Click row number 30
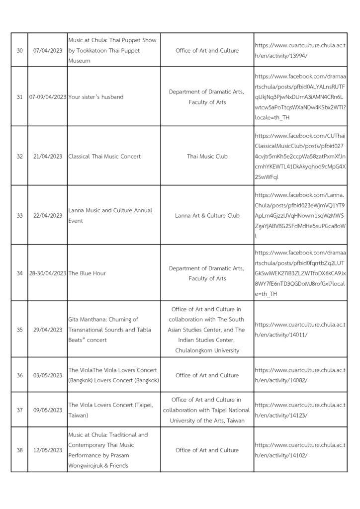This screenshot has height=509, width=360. pos(19,51)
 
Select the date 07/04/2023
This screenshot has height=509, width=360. pos(47,51)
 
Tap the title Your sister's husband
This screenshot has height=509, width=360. pos(96,97)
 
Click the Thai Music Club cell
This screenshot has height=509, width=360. pos(207,157)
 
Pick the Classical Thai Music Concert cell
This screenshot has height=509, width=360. pos(104,157)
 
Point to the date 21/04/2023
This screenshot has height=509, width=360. pos(47,157)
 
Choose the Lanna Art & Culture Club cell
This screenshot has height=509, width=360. pos(207,216)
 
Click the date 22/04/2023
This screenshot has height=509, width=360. pos(47,216)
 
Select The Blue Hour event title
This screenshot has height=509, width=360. pos(87,273)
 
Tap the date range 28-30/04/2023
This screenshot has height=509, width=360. pos(48,273)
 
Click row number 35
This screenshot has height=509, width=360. pos(19,330)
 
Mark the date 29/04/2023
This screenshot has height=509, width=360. pos(47,330)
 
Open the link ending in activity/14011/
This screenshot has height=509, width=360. pos(300,330)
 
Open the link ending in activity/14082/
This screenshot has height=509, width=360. pos(300,375)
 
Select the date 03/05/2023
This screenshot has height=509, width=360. pos(47,375)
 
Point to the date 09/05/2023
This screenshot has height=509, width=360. pos(47,410)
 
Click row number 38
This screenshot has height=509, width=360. pos(19,450)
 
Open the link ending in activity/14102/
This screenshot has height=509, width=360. pos(300,450)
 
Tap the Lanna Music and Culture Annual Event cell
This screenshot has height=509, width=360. pos(110,216)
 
